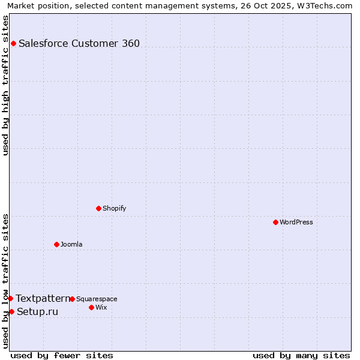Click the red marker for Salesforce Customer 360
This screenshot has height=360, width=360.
pyautogui.click(x=13, y=43)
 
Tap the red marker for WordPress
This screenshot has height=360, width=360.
pyautogui.click(x=275, y=222)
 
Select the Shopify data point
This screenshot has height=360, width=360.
pyautogui.click(x=98, y=208)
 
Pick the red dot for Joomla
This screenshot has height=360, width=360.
pyautogui.click(x=56, y=244)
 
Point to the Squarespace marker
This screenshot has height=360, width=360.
pyautogui.click(x=72, y=299)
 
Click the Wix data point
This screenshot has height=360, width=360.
pyautogui.click(x=91, y=307)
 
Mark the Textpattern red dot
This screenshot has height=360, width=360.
pyautogui.click(x=10, y=298)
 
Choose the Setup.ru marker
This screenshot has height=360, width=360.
pyautogui.click(x=11, y=311)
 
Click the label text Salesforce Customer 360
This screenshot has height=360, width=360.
pyautogui.click(x=79, y=43)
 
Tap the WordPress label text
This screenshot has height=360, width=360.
pyautogui.click(x=296, y=222)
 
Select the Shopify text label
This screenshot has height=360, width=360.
pyautogui.click(x=114, y=208)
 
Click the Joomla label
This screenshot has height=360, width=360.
pyautogui.click(x=71, y=244)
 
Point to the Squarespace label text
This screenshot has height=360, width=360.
pyautogui.click(x=97, y=299)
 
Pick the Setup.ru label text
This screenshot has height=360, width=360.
pyautogui.click(x=38, y=311)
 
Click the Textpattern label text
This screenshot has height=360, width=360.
pyautogui.click(x=43, y=298)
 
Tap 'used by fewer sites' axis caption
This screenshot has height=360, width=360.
pyautogui.click(x=62, y=355)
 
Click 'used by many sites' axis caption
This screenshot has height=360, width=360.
pyautogui.click(x=301, y=355)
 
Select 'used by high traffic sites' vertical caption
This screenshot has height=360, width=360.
pyautogui.click(x=5, y=85)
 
